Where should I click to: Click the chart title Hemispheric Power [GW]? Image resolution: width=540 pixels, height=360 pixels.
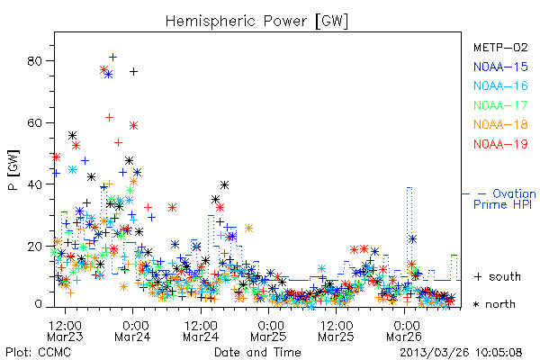[x=256, y=21]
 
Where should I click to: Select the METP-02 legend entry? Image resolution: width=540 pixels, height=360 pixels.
[x=500, y=47]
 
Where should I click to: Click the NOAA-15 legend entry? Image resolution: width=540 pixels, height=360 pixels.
[x=500, y=67]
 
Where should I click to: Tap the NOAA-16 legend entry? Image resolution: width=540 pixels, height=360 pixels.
[x=500, y=85]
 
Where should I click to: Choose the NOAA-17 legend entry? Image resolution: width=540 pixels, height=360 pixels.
[x=500, y=105]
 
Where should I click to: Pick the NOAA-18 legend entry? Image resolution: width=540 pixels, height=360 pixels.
[x=500, y=124]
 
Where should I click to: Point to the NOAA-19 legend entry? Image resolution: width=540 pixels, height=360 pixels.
[x=500, y=144]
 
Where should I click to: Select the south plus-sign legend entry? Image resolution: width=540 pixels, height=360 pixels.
[x=498, y=276]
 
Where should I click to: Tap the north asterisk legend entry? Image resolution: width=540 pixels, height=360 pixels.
[x=494, y=304]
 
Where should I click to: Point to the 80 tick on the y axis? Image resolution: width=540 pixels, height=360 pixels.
[x=34, y=61]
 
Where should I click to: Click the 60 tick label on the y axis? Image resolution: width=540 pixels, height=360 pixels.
[x=34, y=122]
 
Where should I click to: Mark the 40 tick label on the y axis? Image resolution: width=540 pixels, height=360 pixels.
[x=34, y=184]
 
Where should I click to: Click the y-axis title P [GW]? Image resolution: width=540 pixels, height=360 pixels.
[x=13, y=170]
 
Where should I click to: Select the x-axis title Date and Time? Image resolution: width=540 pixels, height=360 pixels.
[x=257, y=352]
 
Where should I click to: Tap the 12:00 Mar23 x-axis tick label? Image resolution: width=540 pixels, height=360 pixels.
[x=65, y=330]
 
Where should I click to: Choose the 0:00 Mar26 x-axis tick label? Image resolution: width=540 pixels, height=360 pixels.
[x=404, y=330]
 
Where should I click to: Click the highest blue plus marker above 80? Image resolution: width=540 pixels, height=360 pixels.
[x=112, y=58]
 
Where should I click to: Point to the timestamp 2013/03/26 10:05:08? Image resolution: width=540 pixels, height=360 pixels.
[x=461, y=353]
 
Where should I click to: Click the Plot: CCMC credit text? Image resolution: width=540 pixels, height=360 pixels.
[x=38, y=353]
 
